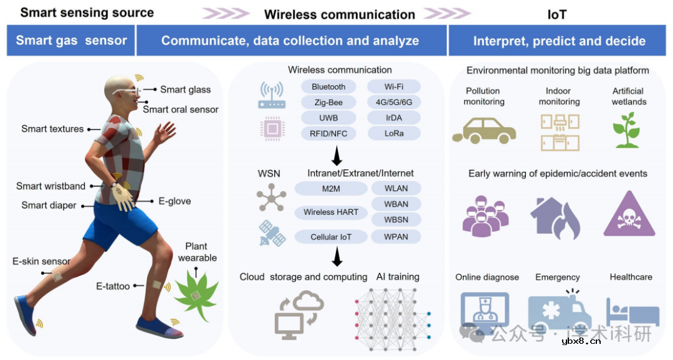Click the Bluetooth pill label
(328, 87)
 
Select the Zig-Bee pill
(328, 102)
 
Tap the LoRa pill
(394, 133)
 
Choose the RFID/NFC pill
(328, 133)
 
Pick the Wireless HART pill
(331, 212)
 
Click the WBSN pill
(396, 219)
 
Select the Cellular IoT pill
(331, 237)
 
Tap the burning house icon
(556, 216)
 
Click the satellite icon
(272, 235)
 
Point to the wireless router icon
(272, 95)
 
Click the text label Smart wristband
(51, 186)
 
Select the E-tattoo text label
(113, 287)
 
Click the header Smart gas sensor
(72, 41)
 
